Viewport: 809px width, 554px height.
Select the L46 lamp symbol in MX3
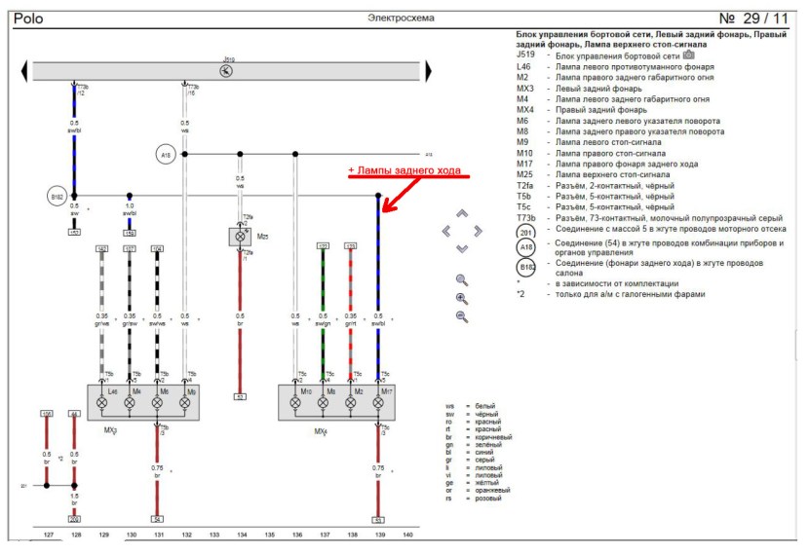tap(101, 401)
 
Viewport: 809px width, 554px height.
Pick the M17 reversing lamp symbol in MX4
tap(378, 401)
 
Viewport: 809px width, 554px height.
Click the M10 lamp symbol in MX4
tap(295, 401)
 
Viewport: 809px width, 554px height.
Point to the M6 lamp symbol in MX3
tap(157, 401)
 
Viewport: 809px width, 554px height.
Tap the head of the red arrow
tap(384, 209)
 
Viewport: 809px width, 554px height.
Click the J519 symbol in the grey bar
tap(227, 71)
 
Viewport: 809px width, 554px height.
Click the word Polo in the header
tap(28, 18)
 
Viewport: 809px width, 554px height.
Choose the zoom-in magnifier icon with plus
tap(462, 298)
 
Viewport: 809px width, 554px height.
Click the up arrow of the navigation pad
tap(462, 213)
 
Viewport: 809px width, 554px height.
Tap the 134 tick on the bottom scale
tap(241, 535)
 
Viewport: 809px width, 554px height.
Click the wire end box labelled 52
tap(240, 396)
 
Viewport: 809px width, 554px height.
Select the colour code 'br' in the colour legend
tap(450, 436)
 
